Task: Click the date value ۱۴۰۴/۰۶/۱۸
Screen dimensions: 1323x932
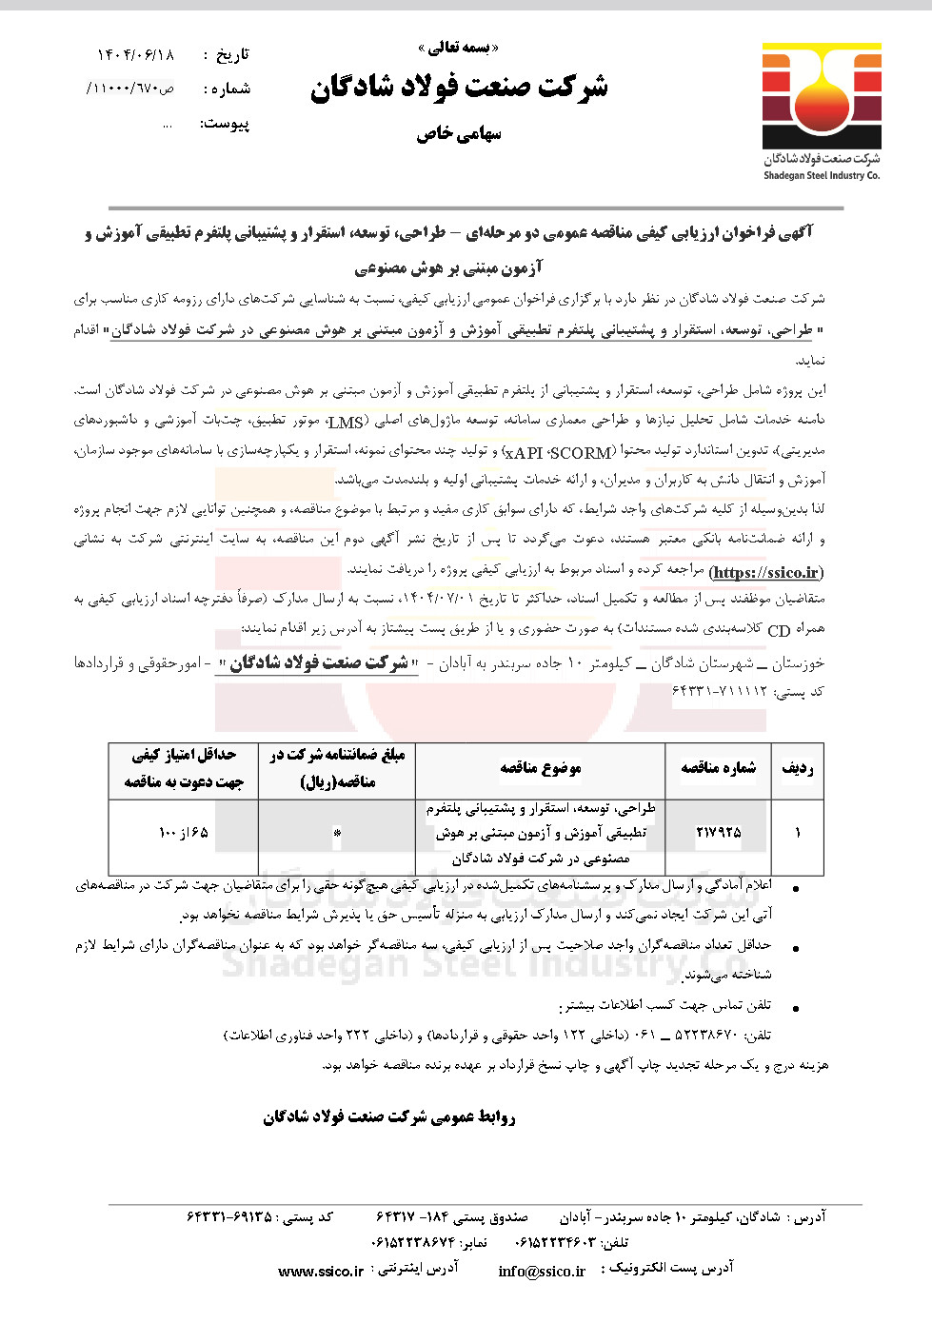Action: tap(136, 55)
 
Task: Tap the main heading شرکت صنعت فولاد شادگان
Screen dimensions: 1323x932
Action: tap(459, 89)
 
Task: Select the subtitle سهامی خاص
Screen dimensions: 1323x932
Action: tap(459, 134)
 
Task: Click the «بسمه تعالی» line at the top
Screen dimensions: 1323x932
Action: tap(459, 48)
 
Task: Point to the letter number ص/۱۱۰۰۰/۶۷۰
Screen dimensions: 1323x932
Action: tap(130, 89)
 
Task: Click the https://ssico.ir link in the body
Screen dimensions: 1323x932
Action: tap(766, 572)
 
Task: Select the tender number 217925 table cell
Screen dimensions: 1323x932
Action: tap(719, 833)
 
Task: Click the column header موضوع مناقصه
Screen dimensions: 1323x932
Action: tap(540, 768)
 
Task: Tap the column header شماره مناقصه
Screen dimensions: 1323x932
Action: tap(719, 768)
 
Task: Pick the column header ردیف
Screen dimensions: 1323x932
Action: tap(798, 768)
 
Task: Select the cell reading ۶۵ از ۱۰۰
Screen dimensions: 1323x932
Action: tap(183, 833)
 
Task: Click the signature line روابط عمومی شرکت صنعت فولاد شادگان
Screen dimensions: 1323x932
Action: tap(389, 1116)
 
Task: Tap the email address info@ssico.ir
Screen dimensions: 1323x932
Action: tap(542, 1271)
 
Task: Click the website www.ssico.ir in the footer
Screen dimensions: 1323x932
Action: tap(321, 1271)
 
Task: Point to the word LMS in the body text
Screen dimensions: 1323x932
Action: tap(346, 423)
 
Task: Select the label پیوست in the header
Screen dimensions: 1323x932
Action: tap(226, 124)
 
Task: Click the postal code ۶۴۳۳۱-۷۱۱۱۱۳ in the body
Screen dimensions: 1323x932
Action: tap(721, 691)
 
